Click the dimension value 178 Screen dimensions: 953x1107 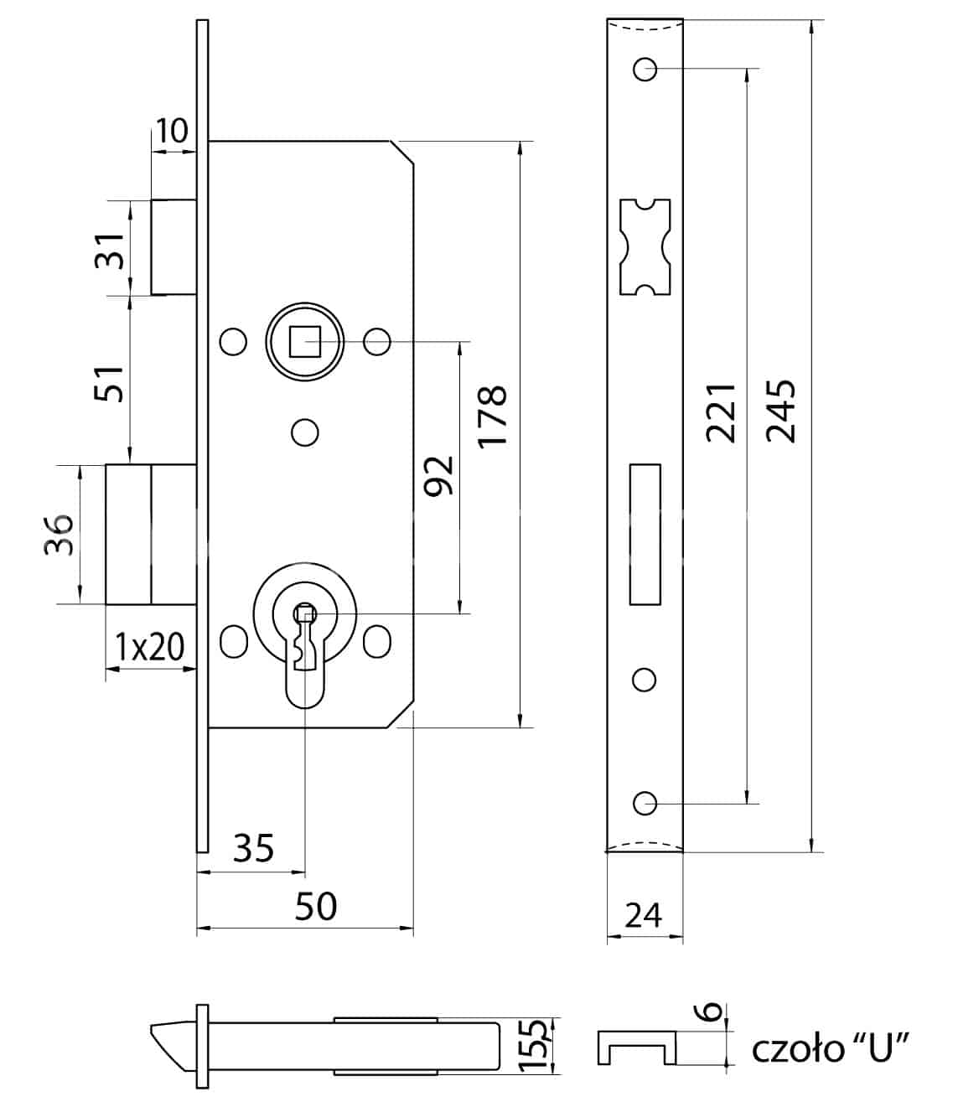click(492, 416)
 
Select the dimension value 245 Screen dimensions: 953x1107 click(780, 411)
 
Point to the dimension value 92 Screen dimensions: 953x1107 click(438, 476)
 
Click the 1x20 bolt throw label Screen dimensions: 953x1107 click(149, 647)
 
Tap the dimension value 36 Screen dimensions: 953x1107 click(59, 535)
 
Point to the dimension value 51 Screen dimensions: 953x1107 click(109, 384)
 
